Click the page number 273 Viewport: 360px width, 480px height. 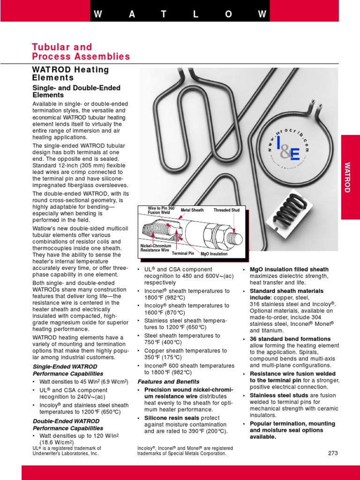click(x=333, y=453)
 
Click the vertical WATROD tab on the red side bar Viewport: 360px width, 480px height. click(x=347, y=177)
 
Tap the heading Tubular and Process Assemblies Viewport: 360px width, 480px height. click(x=81, y=52)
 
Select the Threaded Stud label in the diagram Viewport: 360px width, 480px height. click(x=226, y=210)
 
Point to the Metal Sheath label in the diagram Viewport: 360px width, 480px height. click(x=192, y=210)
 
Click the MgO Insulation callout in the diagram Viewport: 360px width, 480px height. click(x=214, y=254)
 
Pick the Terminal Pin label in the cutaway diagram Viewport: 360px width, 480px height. click(x=183, y=254)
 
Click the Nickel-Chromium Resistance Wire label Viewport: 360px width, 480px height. click(x=156, y=248)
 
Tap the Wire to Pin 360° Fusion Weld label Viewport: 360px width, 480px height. click(x=161, y=210)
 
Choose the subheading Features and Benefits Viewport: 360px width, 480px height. click(x=168, y=382)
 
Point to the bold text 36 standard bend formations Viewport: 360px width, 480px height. click(x=290, y=339)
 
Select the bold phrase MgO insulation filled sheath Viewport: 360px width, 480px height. click(x=289, y=270)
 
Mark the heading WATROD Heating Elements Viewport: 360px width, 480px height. click(x=70, y=74)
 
